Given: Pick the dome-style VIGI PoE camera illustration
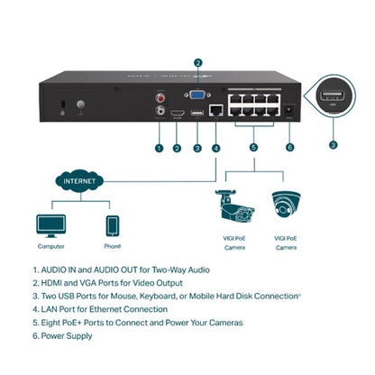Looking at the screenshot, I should (286, 206).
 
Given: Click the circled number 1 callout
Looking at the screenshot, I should (159, 148).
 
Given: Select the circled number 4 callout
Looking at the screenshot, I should (215, 148).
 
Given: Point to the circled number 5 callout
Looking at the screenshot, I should (253, 148).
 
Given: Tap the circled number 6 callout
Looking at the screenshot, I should (288, 148).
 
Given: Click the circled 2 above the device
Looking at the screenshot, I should (197, 62).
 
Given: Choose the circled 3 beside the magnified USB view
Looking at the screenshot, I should (334, 143).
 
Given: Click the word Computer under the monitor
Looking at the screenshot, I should (50, 245).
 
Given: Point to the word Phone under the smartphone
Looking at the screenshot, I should (112, 245).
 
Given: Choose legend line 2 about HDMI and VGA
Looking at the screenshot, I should (122, 283).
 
